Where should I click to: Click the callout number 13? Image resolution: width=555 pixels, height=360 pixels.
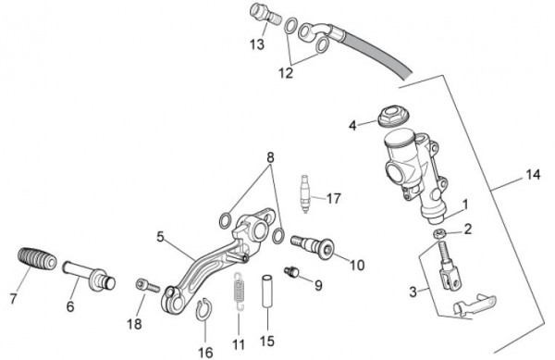click(x=257, y=44)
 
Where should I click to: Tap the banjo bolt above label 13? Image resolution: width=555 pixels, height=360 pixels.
click(x=265, y=14)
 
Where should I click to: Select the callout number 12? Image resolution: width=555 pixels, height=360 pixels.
click(x=286, y=73)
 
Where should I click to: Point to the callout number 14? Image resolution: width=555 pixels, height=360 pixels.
click(x=533, y=175)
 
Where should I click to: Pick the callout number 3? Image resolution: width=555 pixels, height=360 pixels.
click(x=413, y=292)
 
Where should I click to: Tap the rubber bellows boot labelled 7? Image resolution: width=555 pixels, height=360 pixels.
click(x=37, y=260)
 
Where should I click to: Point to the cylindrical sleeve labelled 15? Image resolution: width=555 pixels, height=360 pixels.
click(x=267, y=292)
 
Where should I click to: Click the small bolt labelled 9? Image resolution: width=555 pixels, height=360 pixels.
click(x=291, y=272)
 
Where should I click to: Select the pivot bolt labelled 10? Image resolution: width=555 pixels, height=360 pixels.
click(x=313, y=247)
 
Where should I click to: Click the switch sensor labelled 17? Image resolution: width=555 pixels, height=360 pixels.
click(x=305, y=194)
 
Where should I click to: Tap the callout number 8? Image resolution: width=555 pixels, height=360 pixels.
click(x=270, y=157)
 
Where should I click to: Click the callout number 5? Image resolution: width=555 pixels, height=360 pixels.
click(x=160, y=237)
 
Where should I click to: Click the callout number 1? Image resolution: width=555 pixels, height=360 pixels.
click(x=465, y=205)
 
